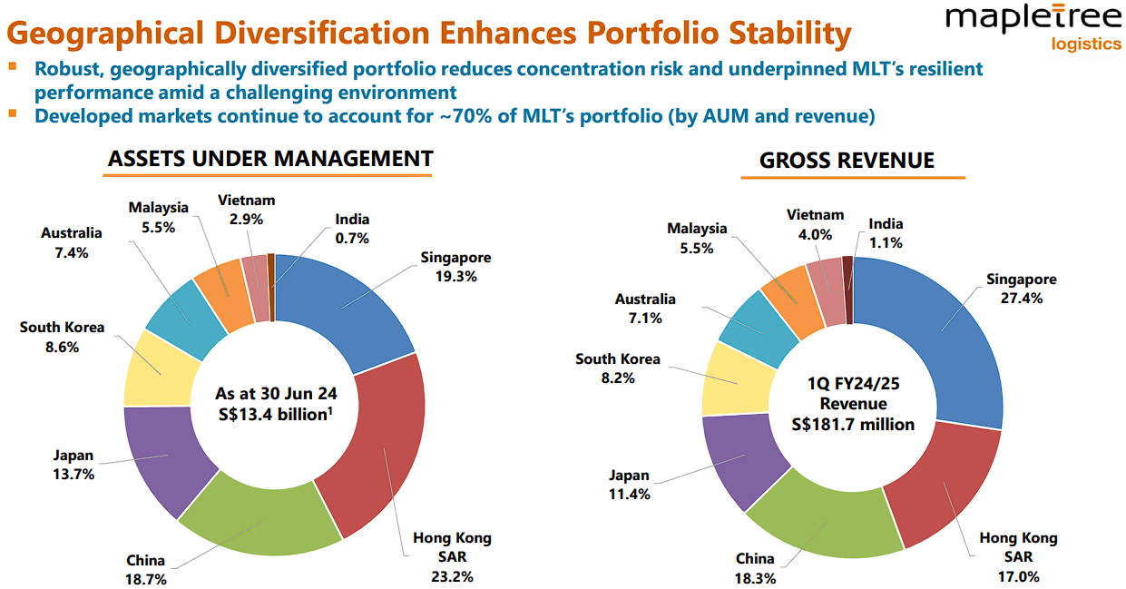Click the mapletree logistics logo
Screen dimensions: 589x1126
pyautogui.click(x=1033, y=27)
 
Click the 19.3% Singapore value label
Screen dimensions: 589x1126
pyautogui.click(x=455, y=277)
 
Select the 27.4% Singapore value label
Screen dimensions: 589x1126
pyautogui.click(x=1022, y=298)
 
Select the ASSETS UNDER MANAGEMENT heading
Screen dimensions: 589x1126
pyautogui.click(x=270, y=158)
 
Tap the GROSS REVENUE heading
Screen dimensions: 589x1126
pyautogui.click(x=847, y=161)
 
